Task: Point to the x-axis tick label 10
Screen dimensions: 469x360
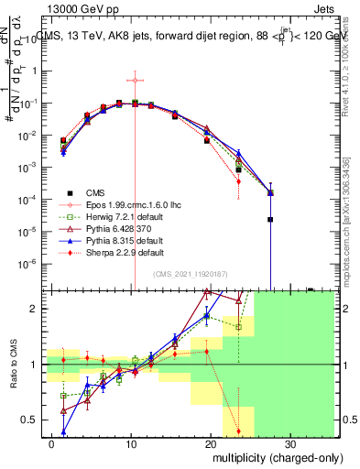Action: (132, 440)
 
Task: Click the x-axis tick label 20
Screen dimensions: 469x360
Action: (211, 440)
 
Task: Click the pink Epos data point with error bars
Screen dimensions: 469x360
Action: (135, 80)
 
